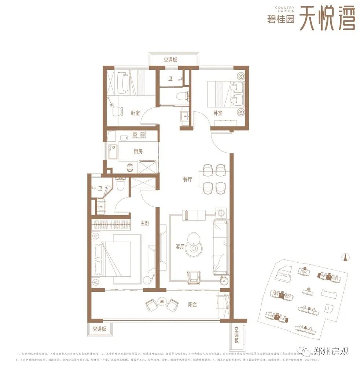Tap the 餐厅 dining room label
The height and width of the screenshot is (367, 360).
tap(187, 179)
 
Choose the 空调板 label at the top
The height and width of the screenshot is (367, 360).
tap(170, 59)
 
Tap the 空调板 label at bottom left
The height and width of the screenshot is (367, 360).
tap(99, 329)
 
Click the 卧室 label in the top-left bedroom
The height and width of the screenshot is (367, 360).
tap(135, 113)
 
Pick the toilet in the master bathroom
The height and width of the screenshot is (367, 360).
tap(121, 183)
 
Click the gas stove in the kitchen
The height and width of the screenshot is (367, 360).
tap(139, 135)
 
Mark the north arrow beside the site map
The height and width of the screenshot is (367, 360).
tap(344, 257)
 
